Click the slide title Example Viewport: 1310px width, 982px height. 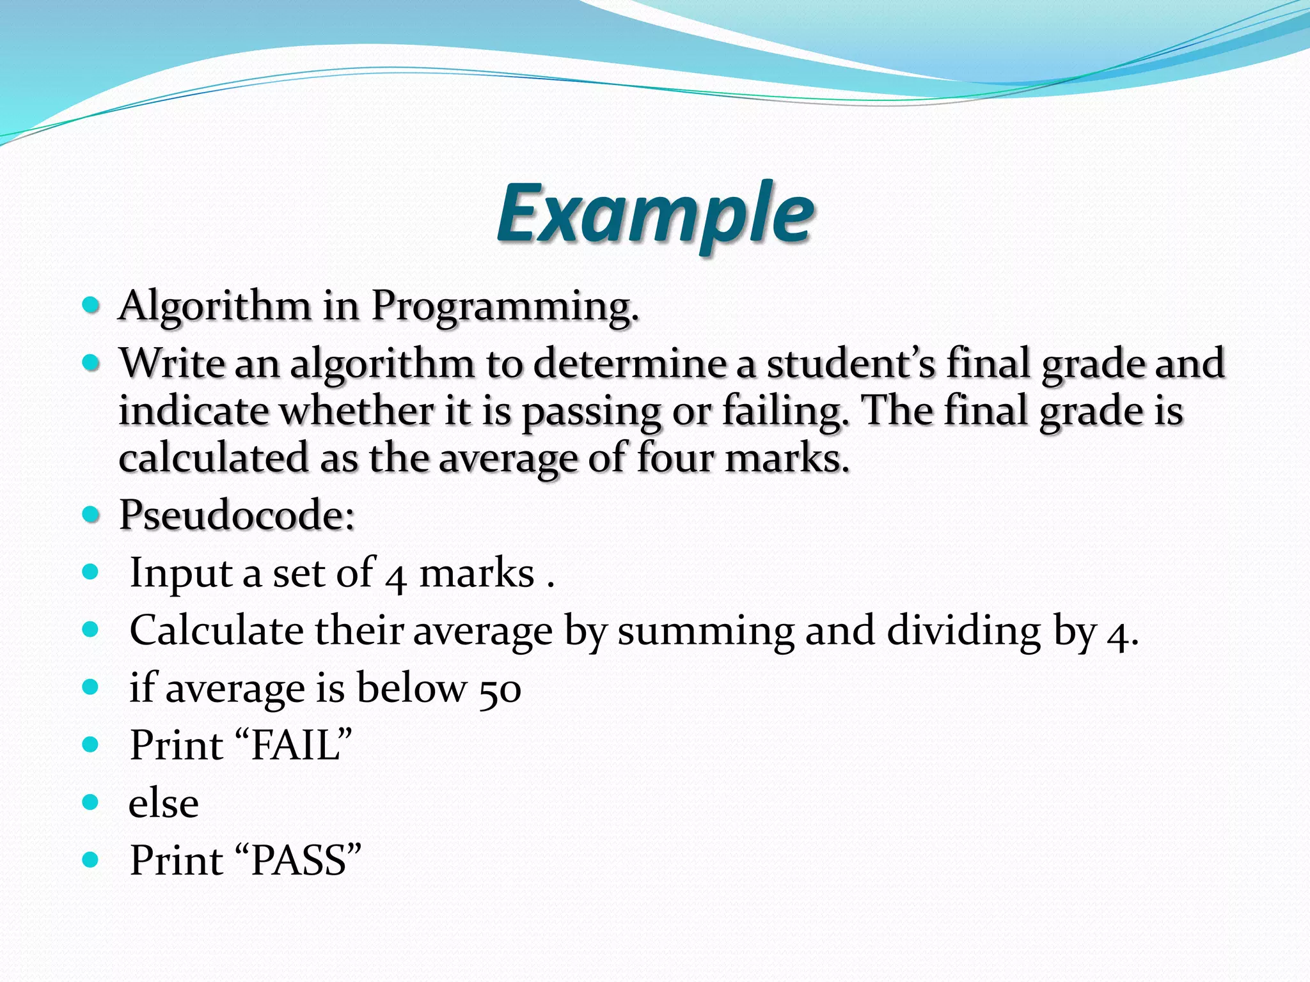pos(655,214)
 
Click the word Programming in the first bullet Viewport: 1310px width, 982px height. pos(505,306)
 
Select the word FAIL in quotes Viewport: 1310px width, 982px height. pos(295,746)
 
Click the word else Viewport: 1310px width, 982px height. pos(164,804)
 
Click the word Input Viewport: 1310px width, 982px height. pos(180,573)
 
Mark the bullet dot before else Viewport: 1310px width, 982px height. pos(91,802)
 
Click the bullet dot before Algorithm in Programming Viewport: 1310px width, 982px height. pos(91,304)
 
